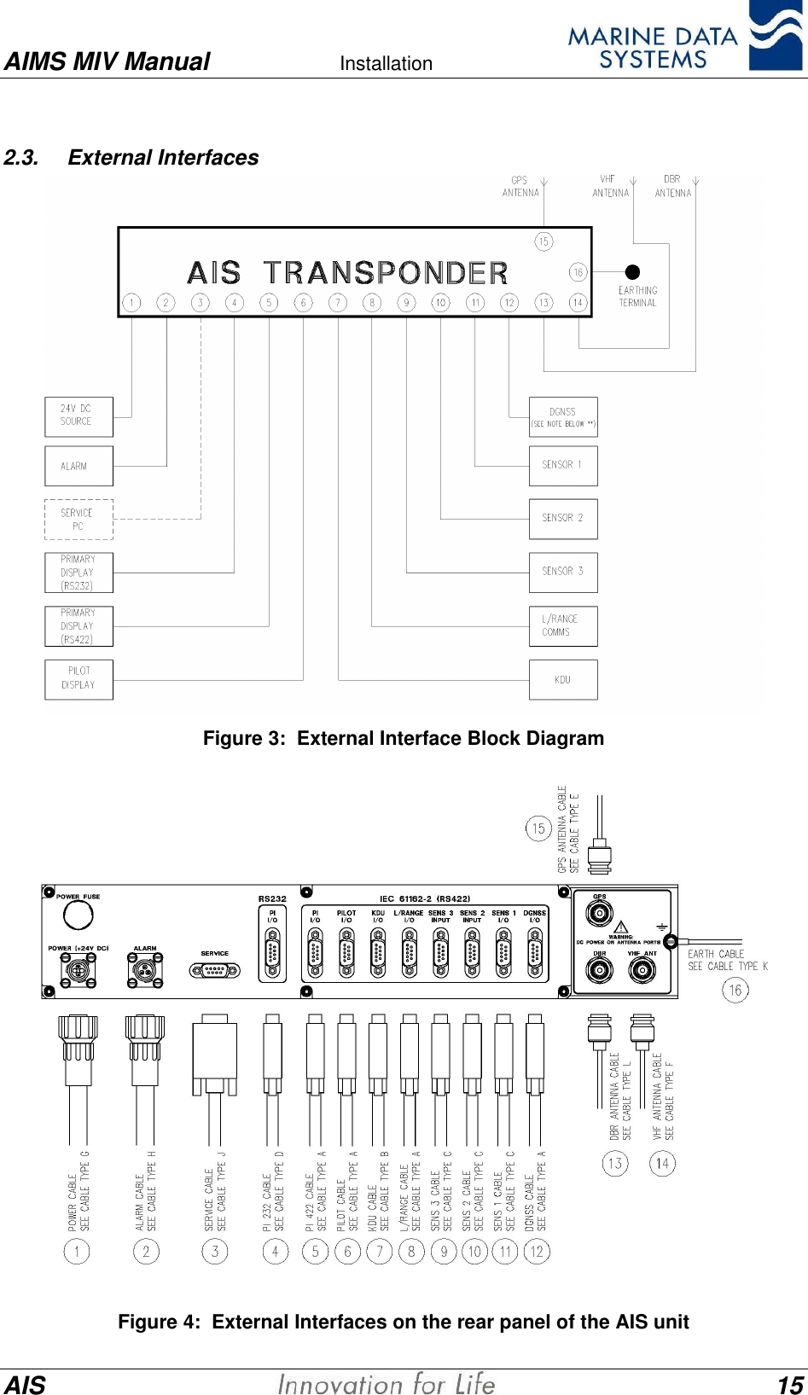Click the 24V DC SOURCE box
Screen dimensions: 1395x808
click(78, 416)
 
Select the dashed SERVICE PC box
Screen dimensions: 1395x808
click(78, 520)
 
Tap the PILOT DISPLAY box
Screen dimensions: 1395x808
click(78, 678)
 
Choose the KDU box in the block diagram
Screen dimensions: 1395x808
click(563, 679)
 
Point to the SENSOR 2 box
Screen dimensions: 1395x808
click(563, 518)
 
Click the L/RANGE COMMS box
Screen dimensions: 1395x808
click(563, 625)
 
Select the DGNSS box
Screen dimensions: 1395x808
click(563, 416)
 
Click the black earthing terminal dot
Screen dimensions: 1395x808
click(632, 272)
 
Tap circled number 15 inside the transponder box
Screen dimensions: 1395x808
click(544, 241)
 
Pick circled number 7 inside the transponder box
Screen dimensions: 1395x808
click(338, 302)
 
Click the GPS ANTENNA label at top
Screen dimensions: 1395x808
click(520, 187)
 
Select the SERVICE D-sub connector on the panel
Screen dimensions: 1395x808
click(215, 970)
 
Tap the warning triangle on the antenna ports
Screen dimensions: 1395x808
click(621, 927)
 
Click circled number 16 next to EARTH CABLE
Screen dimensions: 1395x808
click(735, 990)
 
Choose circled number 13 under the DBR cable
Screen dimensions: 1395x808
click(614, 1163)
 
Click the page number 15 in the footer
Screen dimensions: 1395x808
click(790, 1384)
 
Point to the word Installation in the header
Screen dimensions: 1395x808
click(386, 64)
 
